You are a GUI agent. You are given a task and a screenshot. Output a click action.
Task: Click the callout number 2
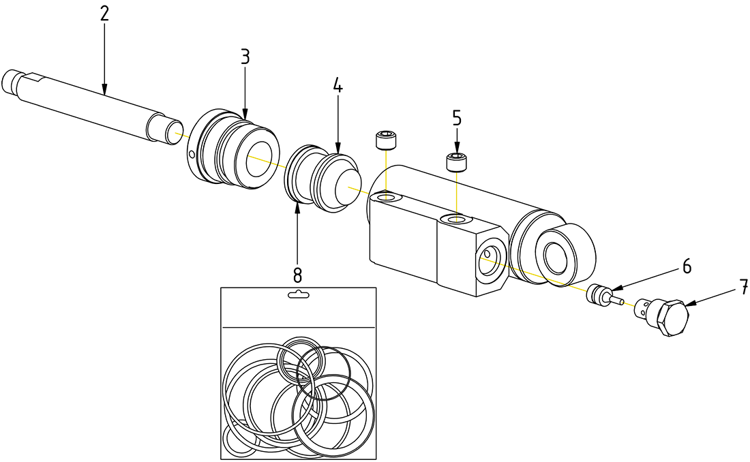(104, 14)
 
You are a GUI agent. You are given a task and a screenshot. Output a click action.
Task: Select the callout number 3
(245, 57)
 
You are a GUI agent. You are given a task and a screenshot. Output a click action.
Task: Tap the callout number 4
(337, 86)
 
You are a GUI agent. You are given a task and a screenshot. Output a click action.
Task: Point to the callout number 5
(457, 118)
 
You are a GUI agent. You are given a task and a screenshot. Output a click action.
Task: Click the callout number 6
(687, 266)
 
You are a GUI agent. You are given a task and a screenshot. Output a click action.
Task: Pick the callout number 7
(741, 288)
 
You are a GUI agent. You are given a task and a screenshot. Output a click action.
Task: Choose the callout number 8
(297, 275)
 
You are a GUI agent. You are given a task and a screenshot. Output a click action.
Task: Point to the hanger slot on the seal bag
(299, 294)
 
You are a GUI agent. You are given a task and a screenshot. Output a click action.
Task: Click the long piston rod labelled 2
(89, 102)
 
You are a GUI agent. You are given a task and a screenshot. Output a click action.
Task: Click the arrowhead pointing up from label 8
(297, 206)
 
